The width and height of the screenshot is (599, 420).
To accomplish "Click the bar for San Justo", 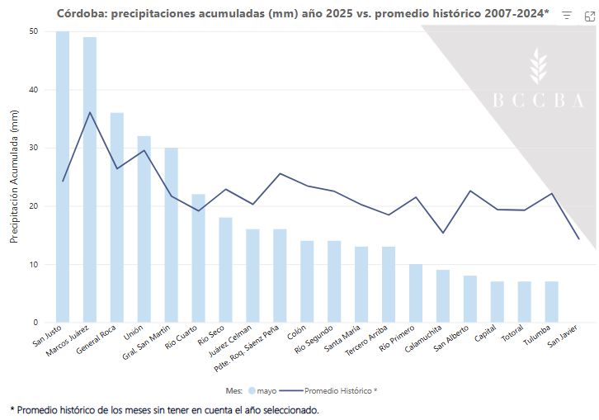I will (63, 177).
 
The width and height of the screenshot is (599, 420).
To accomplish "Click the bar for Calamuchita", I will (443, 296).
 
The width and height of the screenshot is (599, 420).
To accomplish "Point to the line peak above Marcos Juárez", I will (90, 112).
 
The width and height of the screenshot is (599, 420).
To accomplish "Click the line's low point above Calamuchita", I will (443, 233).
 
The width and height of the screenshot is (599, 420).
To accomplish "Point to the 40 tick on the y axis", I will (33, 90).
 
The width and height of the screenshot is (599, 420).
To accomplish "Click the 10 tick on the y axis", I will (33, 265).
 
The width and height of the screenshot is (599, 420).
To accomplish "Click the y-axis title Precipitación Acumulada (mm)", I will (13, 177).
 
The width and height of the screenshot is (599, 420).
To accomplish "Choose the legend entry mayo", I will (262, 390).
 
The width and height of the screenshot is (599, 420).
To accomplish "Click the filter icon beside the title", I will (567, 16).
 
